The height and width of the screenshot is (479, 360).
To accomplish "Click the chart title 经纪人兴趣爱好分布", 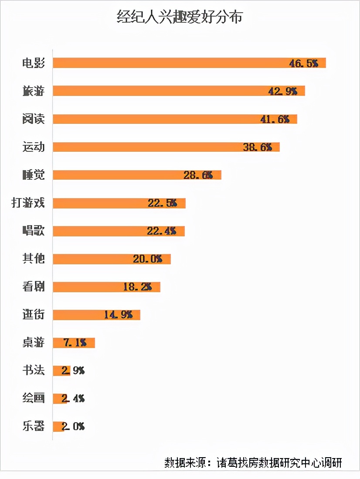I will tap(180, 17).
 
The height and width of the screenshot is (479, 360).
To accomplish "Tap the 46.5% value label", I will tap(304, 64).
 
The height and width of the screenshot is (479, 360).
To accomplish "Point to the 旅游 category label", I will tap(34, 91).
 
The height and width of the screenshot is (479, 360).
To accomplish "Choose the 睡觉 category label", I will tap(34, 174).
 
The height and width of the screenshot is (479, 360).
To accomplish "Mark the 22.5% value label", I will tap(162, 203).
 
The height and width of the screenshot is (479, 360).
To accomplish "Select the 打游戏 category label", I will tap(28, 203).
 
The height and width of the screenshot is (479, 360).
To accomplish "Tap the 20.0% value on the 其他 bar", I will tap(147, 259).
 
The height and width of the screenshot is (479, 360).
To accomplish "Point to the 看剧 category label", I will tap(34, 287).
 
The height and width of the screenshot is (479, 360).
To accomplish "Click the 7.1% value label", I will tap(75, 343).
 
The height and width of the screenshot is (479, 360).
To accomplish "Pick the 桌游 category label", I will tap(34, 342).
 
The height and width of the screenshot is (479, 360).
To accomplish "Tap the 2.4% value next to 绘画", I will tap(73, 399).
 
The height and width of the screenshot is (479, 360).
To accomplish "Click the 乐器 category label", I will tap(34, 426).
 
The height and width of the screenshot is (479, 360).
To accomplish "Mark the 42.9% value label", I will tap(283, 91).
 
